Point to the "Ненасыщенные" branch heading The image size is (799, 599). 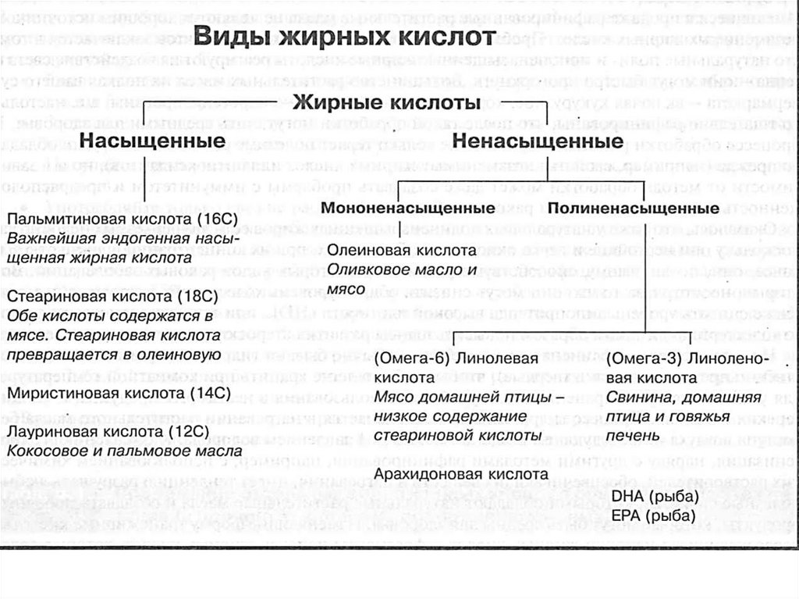538,141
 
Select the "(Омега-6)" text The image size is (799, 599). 411,358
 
